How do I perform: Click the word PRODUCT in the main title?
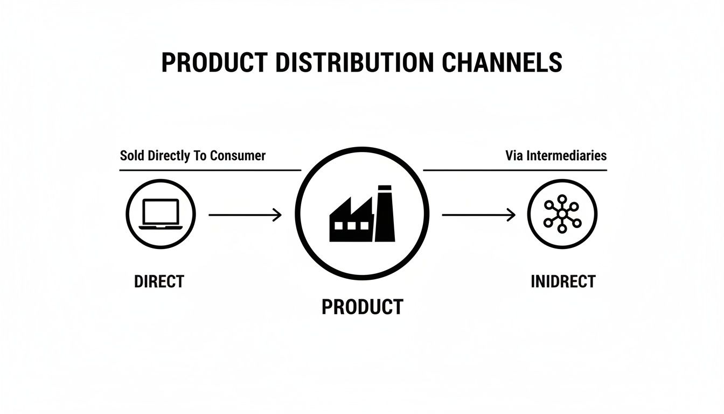coord(214,63)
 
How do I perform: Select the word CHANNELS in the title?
coord(502,63)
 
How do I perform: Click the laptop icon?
coord(160,215)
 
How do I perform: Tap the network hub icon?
coord(562,214)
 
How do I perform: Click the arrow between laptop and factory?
coord(245,215)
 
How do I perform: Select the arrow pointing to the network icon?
coord(478,215)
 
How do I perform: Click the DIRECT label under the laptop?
coord(159,281)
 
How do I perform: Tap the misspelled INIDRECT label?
coord(563,281)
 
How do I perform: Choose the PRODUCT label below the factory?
coord(362,307)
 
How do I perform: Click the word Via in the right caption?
coord(514,156)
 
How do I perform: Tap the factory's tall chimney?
coord(385,213)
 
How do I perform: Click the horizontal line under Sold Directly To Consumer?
coord(210,170)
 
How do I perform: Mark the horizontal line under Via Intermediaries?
coord(514,170)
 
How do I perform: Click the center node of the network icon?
coord(562,214)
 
